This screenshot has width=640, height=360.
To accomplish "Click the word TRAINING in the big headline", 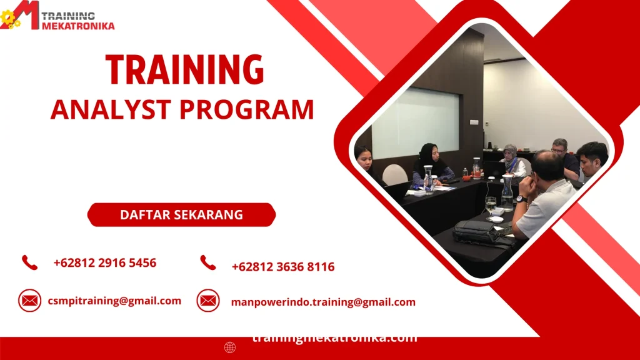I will [x=184, y=69].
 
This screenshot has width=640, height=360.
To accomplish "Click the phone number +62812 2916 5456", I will [x=105, y=262].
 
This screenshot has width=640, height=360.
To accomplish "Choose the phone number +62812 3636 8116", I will [x=283, y=267].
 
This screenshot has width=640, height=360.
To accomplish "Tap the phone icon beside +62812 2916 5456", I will [x=29, y=262].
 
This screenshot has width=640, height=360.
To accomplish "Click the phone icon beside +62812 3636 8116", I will [x=208, y=263].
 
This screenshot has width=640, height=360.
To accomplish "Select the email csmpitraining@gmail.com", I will [x=114, y=301].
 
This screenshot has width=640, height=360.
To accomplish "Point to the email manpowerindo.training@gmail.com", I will [x=323, y=302].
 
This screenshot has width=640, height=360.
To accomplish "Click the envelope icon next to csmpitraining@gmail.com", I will [x=29, y=301].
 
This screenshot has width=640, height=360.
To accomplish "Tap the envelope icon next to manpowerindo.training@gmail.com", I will [x=208, y=301].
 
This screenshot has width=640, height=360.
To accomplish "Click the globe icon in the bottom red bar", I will [x=230, y=347].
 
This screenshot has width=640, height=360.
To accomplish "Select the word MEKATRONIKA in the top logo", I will [x=78, y=26].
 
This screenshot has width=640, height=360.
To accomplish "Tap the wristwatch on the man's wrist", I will [x=521, y=199].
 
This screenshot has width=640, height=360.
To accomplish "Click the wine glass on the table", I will [x=491, y=205].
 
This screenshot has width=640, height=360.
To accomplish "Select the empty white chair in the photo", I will [x=394, y=174].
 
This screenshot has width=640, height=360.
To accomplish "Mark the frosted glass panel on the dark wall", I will [x=415, y=122].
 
